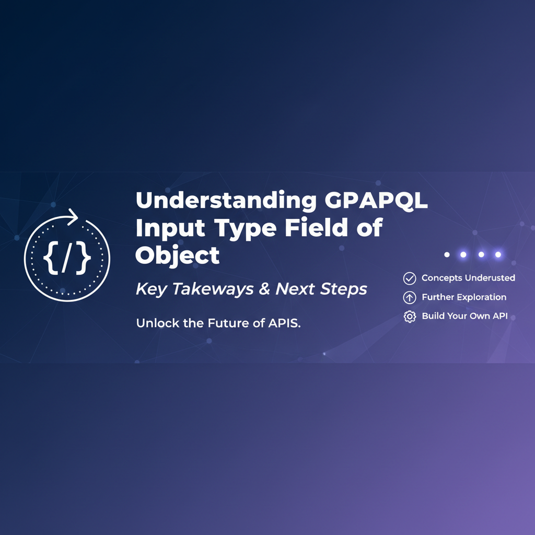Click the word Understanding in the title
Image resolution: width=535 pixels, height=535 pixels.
pos(226,201)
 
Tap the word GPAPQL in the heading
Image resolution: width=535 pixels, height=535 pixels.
pos(376,200)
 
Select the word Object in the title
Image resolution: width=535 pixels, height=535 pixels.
pos(178,255)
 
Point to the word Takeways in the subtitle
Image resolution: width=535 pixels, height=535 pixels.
pos(213,289)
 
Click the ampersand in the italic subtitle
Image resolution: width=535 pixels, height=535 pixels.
pos(264,288)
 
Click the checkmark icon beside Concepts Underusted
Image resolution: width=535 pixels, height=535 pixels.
pos(410,278)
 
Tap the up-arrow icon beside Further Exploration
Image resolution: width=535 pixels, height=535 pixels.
pos(410,297)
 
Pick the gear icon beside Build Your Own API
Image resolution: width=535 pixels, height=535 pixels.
pos(410,316)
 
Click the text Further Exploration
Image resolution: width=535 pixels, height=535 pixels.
pos(464,297)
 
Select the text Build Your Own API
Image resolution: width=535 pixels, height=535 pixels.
pos(464,316)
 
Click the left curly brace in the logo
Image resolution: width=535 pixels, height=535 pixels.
pos(51,258)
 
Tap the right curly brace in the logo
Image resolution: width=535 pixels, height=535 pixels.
pos(84,258)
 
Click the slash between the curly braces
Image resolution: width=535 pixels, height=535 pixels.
pos(67,258)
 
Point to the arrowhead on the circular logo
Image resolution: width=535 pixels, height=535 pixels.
pos(72,217)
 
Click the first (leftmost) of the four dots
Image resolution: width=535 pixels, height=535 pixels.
pos(447,254)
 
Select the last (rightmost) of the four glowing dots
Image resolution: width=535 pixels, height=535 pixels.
pos(498,254)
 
